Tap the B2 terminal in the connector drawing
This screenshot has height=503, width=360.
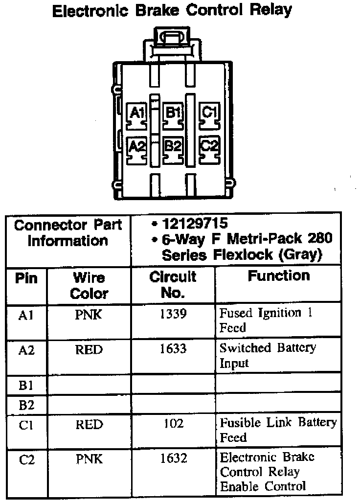[173, 146]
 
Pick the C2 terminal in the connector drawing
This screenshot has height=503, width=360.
[209, 146]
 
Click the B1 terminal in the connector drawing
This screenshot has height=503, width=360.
[173, 113]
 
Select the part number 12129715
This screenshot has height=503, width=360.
[196, 224]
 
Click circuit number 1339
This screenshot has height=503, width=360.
[173, 314]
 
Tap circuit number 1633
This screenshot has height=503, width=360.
[173, 348]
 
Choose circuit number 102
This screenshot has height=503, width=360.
[173, 423]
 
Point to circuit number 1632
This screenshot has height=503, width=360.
[173, 458]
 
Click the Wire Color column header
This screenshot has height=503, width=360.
[89, 286]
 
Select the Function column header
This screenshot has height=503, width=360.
[279, 276]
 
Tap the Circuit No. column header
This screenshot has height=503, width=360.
[173, 285]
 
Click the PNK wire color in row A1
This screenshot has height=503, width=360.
[89, 314]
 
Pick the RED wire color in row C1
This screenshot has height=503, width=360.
[89, 424]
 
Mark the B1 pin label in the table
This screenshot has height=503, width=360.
[26, 385]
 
